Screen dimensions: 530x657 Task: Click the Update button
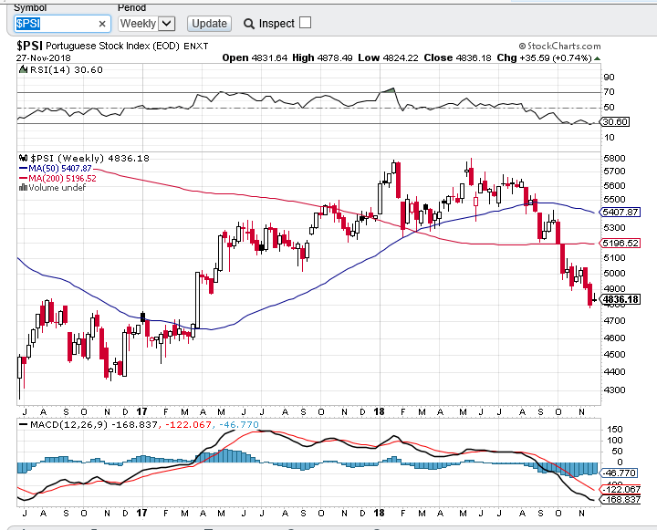[x=209, y=23]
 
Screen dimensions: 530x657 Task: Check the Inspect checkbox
[x=305, y=22]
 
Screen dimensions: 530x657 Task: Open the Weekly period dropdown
[x=146, y=23]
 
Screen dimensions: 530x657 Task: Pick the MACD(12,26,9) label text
[x=59, y=424]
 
